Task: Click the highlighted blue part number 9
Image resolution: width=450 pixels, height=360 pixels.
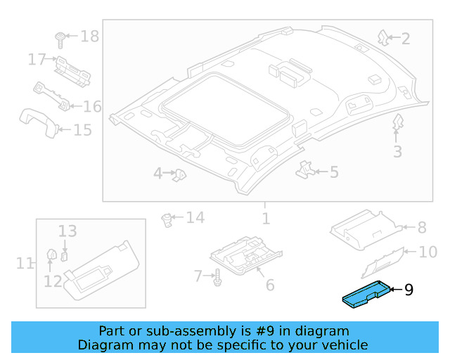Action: [366, 295]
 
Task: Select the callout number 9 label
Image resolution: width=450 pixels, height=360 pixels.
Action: [409, 289]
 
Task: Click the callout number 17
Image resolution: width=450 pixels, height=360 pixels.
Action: [37, 60]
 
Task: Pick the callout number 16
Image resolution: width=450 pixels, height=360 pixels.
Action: [92, 107]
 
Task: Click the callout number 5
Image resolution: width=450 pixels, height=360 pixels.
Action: [334, 172]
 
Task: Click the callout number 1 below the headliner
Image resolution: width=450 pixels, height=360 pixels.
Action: [265, 219]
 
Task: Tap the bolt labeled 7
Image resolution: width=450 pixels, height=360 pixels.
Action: [217, 278]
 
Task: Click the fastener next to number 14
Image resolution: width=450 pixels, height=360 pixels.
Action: [167, 219]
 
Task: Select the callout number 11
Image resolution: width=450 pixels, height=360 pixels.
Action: [25, 264]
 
